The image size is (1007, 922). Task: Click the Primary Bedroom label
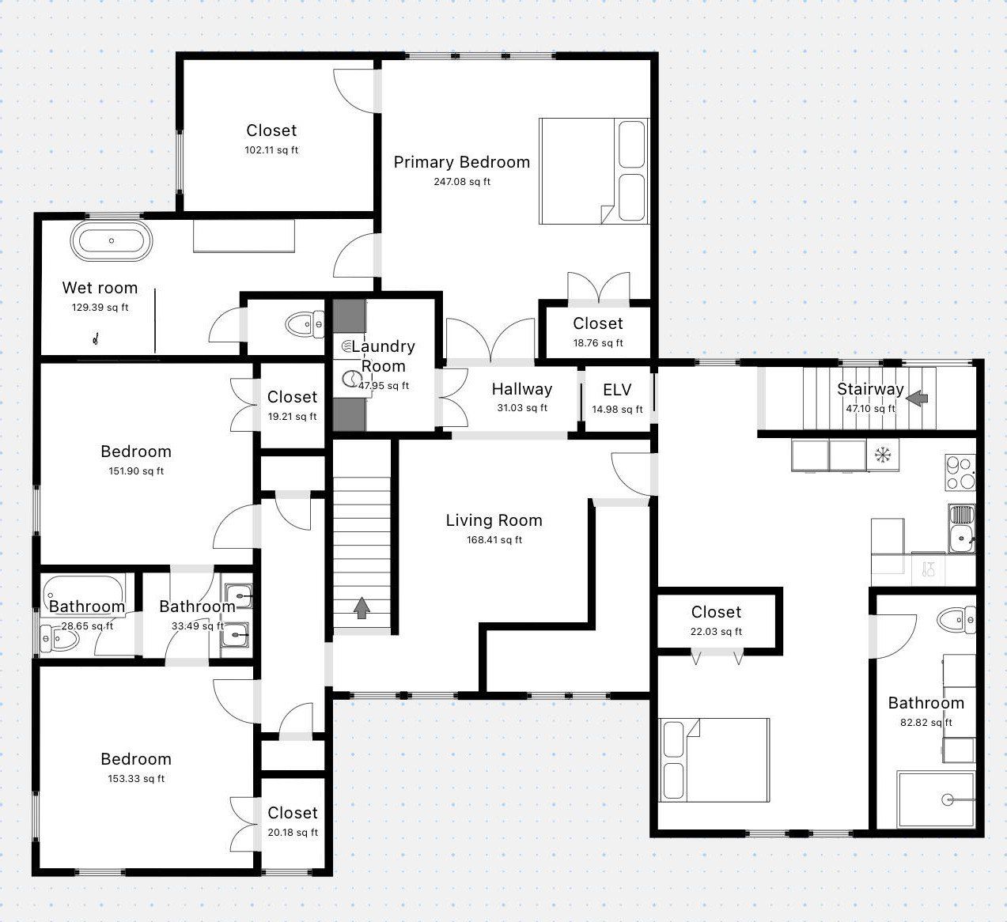461,162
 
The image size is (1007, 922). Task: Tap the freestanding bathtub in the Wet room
111,240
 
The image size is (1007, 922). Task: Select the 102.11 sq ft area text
271,150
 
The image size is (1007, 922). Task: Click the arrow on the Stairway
917,399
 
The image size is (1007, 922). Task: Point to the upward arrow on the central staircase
362,608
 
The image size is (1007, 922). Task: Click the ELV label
617,389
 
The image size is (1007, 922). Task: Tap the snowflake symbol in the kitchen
882,455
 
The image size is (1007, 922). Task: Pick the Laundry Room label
384,356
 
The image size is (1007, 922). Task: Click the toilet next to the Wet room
304,324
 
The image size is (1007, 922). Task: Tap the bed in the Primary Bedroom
593,171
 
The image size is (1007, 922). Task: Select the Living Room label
494,520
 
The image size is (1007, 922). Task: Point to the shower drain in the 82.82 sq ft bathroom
948,800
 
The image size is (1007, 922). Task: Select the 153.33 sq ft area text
136,779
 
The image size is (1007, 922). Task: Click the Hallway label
521,389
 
